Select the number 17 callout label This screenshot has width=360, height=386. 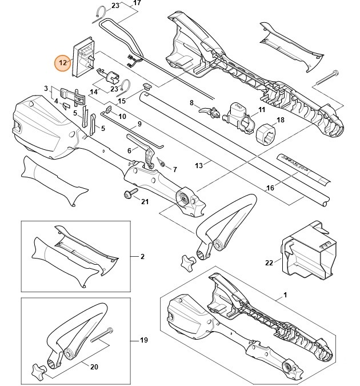(x=136, y=3)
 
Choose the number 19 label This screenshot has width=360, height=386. (x=143, y=340)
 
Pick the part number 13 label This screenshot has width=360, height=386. (x=199, y=165)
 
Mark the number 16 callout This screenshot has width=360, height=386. (x=271, y=187)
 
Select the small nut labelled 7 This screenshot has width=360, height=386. (x=162, y=166)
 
